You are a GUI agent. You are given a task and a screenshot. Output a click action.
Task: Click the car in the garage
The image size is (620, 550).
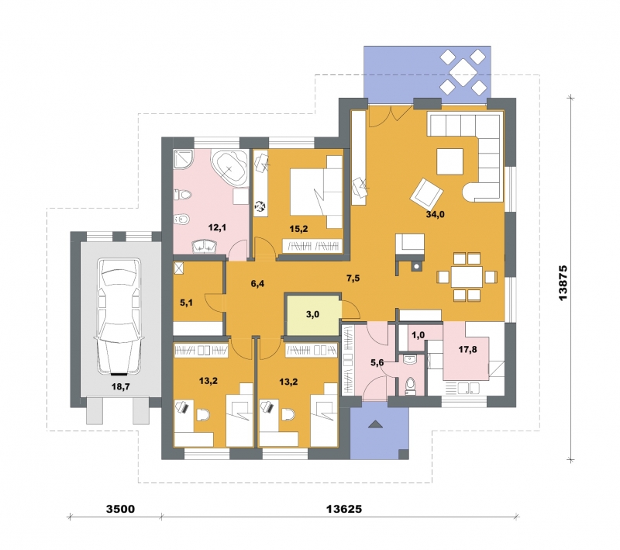(119, 317)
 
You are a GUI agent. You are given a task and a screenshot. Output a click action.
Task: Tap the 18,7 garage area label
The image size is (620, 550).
(121, 386)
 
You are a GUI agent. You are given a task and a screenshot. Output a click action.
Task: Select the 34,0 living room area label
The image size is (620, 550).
(436, 214)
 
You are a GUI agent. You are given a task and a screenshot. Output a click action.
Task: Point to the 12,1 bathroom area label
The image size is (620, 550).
(217, 227)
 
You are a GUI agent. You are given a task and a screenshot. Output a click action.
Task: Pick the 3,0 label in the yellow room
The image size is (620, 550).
(312, 315)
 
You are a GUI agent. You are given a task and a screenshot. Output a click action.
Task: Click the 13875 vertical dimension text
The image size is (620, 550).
(563, 282)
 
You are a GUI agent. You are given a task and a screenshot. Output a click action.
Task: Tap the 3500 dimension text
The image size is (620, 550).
(121, 509)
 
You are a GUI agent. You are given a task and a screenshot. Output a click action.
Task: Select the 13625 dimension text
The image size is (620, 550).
(344, 509)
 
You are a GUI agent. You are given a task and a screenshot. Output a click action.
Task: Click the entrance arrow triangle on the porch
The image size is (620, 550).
(376, 424)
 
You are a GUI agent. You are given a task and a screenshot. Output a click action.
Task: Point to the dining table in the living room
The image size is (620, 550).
(467, 277)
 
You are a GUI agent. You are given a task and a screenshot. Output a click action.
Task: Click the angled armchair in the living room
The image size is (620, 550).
(427, 193)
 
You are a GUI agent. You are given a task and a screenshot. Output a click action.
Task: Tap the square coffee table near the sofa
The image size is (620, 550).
(449, 161)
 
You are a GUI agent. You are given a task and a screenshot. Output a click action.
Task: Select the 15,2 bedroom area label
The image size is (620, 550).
(298, 229)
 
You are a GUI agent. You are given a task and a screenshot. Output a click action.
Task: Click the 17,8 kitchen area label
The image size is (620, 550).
(467, 349)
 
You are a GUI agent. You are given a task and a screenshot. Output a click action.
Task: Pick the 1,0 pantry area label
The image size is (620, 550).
(418, 335)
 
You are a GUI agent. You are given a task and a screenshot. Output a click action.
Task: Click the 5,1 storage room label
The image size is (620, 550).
(186, 303)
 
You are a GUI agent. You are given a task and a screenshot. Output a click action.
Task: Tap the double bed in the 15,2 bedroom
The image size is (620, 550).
(316, 192)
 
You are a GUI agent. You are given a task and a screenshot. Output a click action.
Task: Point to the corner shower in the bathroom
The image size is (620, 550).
(184, 160)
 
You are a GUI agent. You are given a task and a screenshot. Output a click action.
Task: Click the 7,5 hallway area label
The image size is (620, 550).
(353, 278)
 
